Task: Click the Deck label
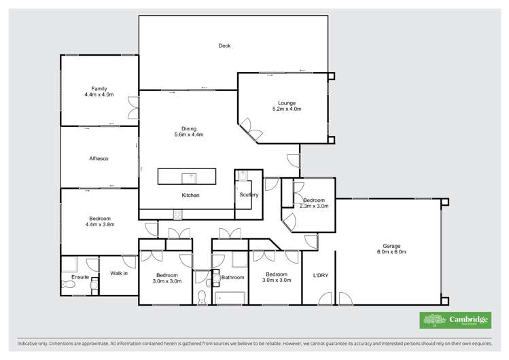click(x=224, y=46)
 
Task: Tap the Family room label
click(x=100, y=89)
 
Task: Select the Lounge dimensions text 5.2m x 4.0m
click(x=287, y=109)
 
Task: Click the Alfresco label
click(x=99, y=159)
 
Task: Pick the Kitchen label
click(x=190, y=196)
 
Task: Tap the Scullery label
click(x=249, y=195)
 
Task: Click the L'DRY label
click(x=321, y=275)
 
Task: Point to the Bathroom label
click(x=232, y=277)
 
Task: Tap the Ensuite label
click(x=80, y=277)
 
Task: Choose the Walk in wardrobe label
click(x=120, y=273)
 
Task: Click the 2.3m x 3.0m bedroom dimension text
click(x=315, y=206)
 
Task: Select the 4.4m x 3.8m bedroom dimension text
click(x=100, y=224)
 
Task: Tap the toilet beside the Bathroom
click(x=202, y=296)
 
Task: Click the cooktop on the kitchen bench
click(x=178, y=215)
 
